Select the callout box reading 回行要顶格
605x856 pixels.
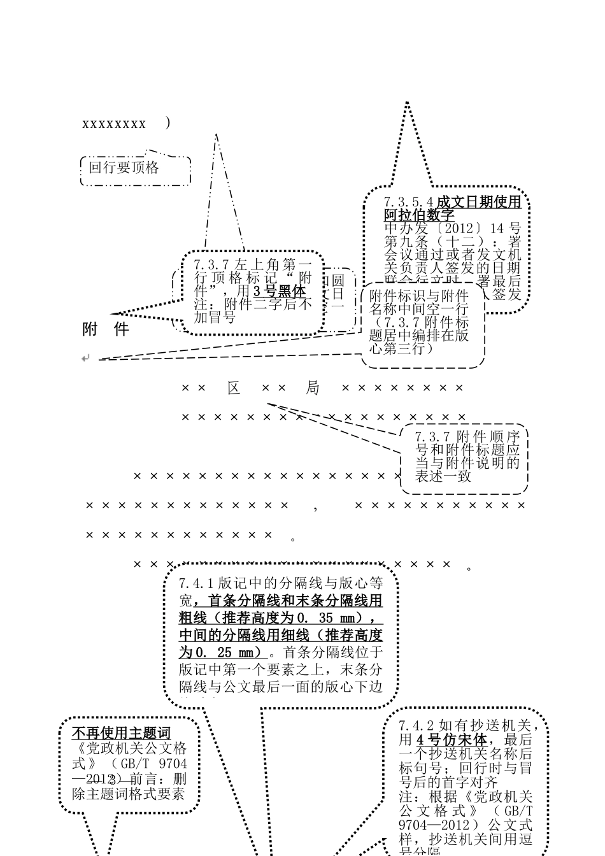coord(135,168)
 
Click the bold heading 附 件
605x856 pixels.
coord(106,329)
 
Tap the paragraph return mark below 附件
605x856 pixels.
coord(86,359)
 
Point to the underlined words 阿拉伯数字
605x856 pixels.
coord(419,215)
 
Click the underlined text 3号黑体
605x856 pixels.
coord(280,291)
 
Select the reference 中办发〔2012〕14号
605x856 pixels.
coord(452,229)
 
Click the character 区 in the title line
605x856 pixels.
coord(234,388)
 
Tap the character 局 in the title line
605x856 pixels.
coord(312,388)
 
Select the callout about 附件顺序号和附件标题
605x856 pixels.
coord(467,457)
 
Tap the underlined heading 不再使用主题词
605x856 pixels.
coord(121,732)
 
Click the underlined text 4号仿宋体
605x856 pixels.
coord(452,740)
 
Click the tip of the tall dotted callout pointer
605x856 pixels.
coord(406,103)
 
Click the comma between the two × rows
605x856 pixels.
coord(316,507)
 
